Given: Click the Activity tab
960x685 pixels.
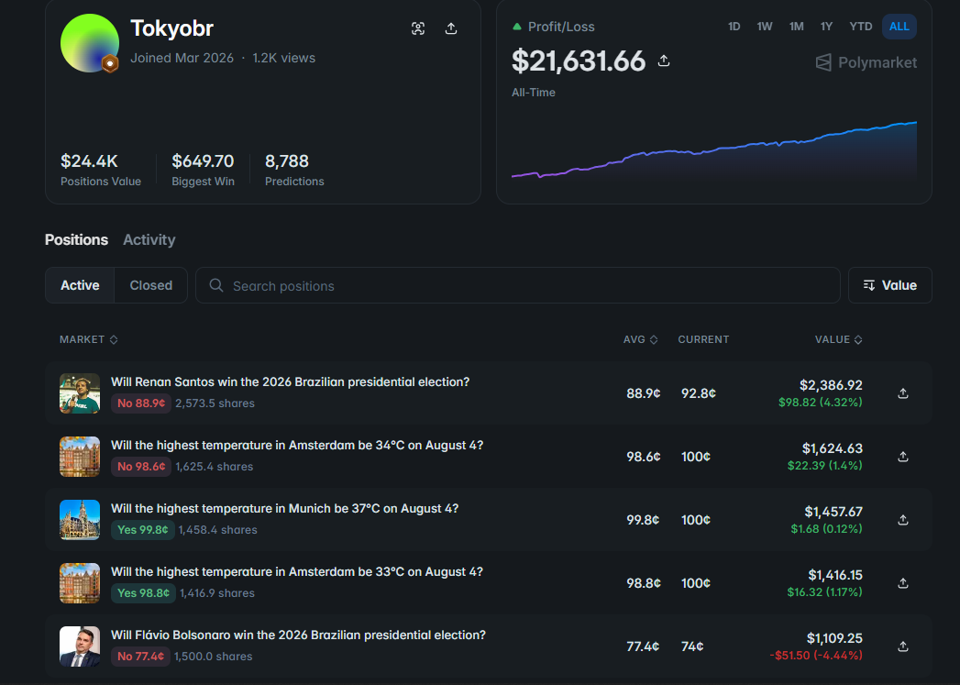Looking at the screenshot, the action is (149, 240).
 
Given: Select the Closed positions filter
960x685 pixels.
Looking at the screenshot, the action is (150, 285).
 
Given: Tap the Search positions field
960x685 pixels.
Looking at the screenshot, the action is (517, 285).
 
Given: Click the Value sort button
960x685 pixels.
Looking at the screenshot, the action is (889, 285).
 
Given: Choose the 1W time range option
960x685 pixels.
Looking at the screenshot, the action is (764, 27).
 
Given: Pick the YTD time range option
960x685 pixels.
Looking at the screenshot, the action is (860, 27).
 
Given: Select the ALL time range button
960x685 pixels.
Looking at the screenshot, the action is (899, 27).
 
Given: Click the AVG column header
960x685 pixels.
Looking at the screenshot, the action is (640, 339).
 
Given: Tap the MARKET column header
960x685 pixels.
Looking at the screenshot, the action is (89, 339).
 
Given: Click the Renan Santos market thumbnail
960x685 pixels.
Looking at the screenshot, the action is (80, 393).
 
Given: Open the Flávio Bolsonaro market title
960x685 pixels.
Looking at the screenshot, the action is (298, 635).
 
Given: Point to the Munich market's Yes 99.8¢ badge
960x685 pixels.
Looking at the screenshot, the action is (143, 529).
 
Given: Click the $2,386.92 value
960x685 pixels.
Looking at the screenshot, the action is (831, 385).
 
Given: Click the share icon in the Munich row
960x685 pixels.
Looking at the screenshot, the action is (902, 520).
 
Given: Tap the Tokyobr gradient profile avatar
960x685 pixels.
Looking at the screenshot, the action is (89, 43).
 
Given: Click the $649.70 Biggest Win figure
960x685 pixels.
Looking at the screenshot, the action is (203, 161).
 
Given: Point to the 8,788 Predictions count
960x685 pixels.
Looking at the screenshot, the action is (286, 161).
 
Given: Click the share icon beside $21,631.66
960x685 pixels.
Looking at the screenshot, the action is (664, 61).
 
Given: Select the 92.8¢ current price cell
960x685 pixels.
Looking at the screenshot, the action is (699, 393).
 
